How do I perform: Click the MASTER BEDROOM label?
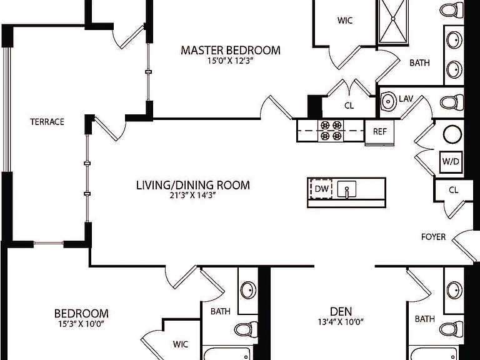[231, 50]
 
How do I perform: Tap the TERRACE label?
[47, 122]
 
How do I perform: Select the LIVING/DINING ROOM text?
[193, 185]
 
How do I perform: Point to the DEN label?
[341, 312]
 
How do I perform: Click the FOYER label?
[433, 237]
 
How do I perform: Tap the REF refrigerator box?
[379, 132]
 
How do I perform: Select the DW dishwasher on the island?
[321, 189]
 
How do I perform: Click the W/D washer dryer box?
[451, 161]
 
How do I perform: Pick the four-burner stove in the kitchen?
[331, 131]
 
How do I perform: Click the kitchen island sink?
[346, 189]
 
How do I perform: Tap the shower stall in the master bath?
[393, 22]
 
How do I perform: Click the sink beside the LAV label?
[389, 101]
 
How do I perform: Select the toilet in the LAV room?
[451, 102]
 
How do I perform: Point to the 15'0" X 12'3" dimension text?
[231, 61]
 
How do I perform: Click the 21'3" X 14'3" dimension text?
[193, 195]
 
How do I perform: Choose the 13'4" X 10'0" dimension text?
[341, 322]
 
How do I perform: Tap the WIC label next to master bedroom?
[345, 21]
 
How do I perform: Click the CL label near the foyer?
[453, 190]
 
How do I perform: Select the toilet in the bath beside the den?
[451, 329]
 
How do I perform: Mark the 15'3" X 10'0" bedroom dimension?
[81, 324]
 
